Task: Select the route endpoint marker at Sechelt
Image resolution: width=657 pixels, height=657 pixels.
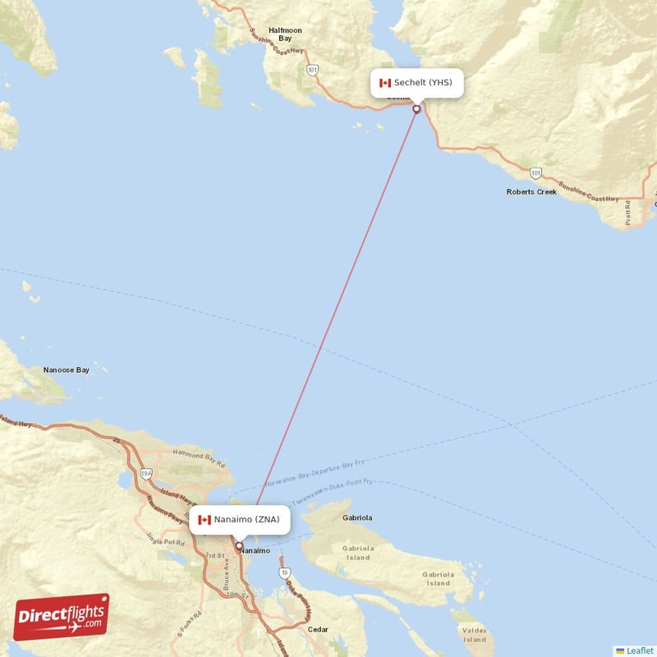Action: point(417,109)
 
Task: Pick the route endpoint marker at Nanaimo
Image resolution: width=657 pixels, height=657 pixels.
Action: point(239,545)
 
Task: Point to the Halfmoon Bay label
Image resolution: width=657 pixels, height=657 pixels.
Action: point(285,34)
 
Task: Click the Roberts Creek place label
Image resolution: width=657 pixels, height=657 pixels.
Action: point(531,191)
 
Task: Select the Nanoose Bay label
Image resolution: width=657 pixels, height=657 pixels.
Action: point(66,370)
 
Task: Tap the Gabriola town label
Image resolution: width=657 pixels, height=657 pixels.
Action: point(356,518)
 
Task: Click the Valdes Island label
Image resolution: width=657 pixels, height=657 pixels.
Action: point(475,635)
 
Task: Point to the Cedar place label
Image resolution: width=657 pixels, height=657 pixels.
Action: point(318,630)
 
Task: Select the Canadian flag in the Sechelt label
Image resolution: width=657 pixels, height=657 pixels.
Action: point(384,83)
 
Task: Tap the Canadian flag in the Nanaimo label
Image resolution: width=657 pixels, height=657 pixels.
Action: point(204,520)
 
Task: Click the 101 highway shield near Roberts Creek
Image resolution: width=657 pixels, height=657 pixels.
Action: point(535,173)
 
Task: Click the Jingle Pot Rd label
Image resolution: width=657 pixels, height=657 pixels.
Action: point(165,541)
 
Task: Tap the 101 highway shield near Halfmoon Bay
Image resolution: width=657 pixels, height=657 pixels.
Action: point(312,71)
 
